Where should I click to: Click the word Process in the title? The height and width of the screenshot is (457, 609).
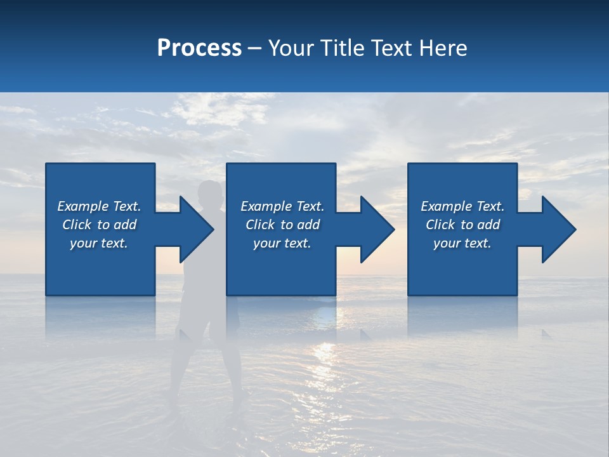coord(199,48)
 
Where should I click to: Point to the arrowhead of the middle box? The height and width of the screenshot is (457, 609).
coord(376,229)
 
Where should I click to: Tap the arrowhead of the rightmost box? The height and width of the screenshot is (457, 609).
coord(558,229)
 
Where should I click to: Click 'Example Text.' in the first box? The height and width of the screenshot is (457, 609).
coord(99,206)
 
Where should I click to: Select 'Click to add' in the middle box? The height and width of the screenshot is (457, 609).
coord(282,225)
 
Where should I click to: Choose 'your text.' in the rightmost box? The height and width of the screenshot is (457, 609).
coord(462,243)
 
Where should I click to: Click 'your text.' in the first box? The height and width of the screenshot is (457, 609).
coord(99,243)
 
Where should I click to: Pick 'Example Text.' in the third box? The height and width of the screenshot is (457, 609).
coord(462,206)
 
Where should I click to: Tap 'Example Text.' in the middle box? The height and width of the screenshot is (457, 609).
coord(282,206)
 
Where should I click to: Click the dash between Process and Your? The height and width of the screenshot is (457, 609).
coord(254,49)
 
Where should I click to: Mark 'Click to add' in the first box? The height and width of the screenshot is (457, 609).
coord(99,225)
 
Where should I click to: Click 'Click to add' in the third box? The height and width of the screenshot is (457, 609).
coord(462,225)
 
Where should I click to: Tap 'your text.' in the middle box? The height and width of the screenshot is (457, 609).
coord(282,243)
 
